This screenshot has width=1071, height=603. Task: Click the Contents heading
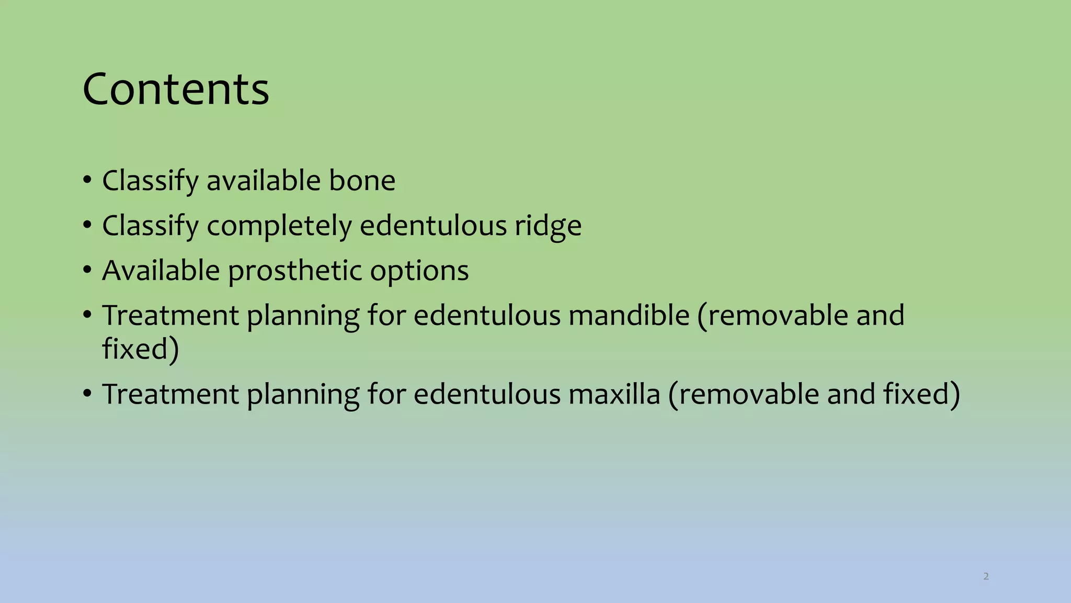point(176,89)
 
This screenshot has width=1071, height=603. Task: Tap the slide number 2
point(986,576)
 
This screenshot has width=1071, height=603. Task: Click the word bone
point(362,181)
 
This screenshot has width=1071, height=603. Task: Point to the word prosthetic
point(295,271)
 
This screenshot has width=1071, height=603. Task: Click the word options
point(419,271)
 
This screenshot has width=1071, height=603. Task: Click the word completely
point(280,226)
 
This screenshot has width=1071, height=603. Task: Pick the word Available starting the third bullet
point(161,271)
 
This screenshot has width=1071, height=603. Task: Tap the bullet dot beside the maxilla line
point(87,394)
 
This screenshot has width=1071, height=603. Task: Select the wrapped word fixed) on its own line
point(141,349)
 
